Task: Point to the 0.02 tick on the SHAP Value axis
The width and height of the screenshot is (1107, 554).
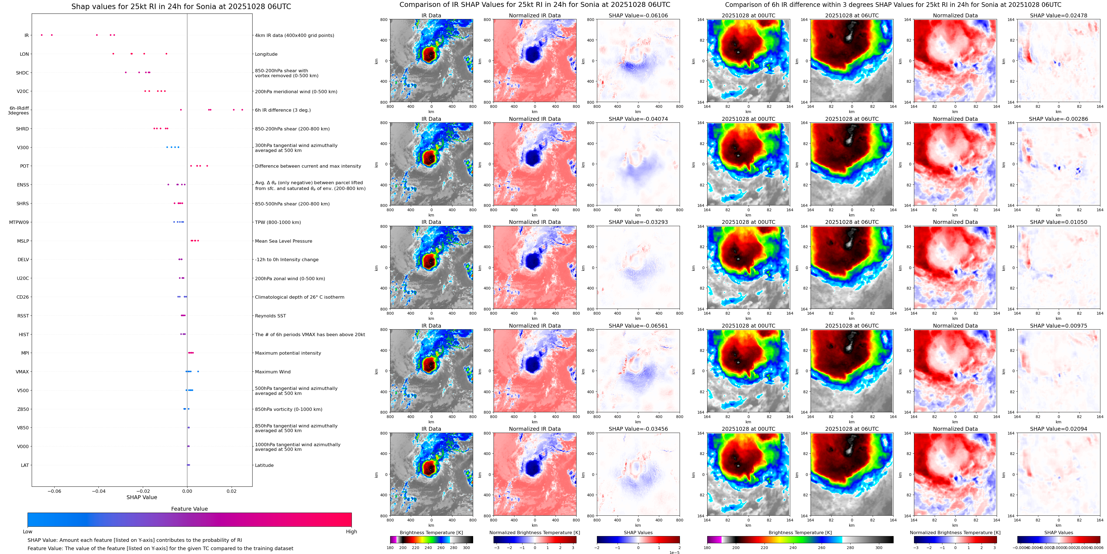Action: point(232,491)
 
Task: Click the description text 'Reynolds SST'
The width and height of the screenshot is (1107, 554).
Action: point(270,316)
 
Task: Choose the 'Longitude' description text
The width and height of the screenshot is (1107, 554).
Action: point(266,54)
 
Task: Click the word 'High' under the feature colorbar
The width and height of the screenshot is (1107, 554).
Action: point(351,532)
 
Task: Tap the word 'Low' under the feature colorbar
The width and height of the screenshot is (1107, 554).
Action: point(28,532)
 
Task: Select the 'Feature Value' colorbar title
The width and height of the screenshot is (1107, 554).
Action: point(189,509)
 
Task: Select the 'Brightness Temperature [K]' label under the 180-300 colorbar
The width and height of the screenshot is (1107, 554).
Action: point(431,532)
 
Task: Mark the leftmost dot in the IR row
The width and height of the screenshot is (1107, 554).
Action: point(41,35)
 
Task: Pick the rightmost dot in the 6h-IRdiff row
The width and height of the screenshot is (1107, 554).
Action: point(242,109)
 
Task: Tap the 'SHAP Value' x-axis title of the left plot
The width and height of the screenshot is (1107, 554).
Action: point(142,497)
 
